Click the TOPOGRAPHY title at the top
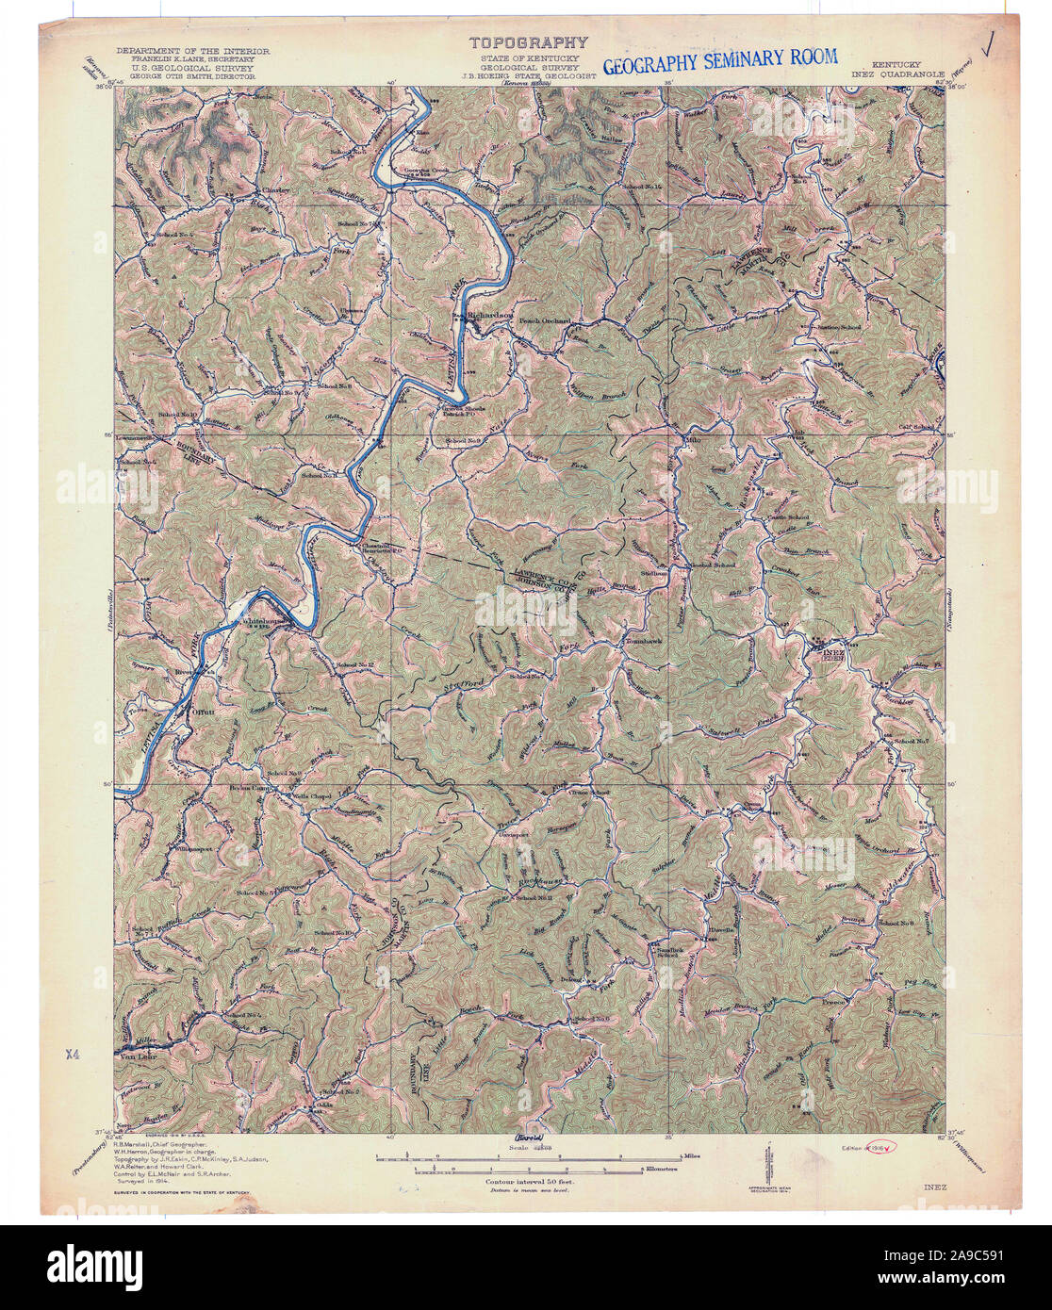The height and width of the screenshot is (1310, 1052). click(x=529, y=42)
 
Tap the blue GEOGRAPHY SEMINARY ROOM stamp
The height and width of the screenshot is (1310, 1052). click(x=719, y=61)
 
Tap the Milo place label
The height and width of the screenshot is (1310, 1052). click(x=697, y=439)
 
